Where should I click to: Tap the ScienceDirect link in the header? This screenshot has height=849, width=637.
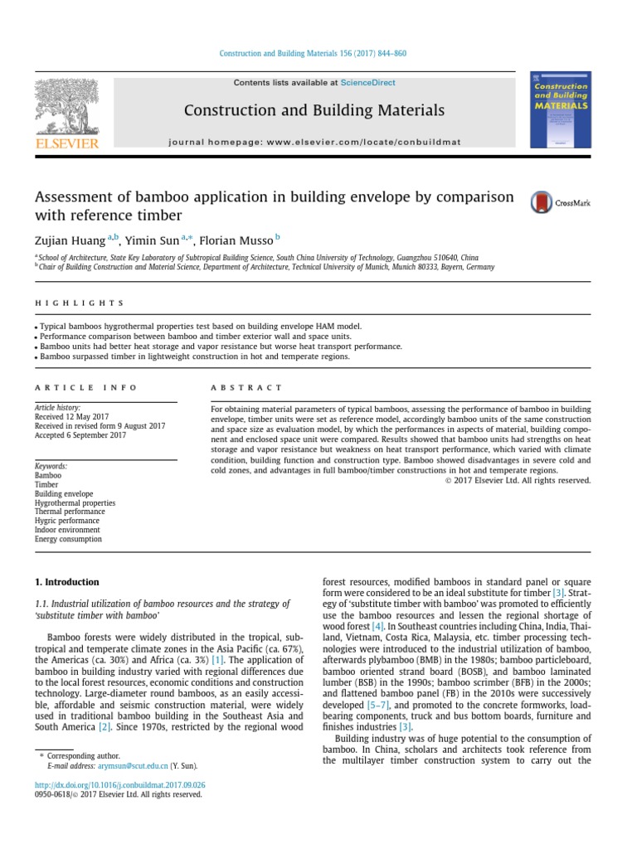367,83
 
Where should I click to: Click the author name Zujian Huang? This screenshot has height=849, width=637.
69,241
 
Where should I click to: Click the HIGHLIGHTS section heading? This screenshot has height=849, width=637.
79,303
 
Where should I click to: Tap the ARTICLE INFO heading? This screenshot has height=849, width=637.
85,387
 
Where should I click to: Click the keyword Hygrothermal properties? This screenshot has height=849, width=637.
75,502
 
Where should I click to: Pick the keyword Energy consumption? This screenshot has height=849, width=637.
68,539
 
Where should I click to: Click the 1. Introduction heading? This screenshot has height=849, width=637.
66,582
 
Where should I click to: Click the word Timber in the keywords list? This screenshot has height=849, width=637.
46,484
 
